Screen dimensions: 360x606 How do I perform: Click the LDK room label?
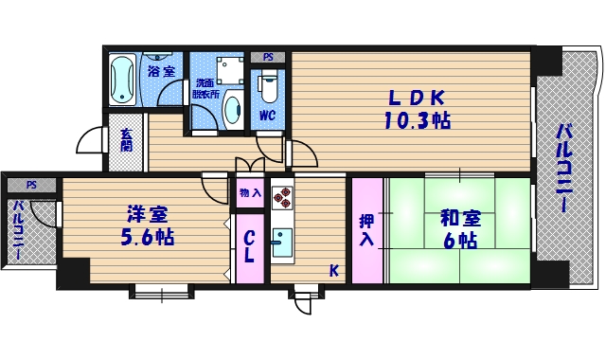[x=414, y=98]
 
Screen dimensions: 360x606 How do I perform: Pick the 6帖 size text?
[x=459, y=241]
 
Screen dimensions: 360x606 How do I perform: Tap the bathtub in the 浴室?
[x=121, y=81]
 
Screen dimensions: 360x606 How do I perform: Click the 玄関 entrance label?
[x=125, y=141]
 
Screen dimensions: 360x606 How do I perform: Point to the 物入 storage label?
[x=250, y=193]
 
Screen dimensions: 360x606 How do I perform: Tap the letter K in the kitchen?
[x=333, y=271]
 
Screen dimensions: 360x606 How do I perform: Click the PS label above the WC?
[x=268, y=56]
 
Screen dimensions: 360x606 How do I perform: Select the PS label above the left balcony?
[x=31, y=185]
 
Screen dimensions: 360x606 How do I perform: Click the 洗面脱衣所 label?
[x=205, y=88]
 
